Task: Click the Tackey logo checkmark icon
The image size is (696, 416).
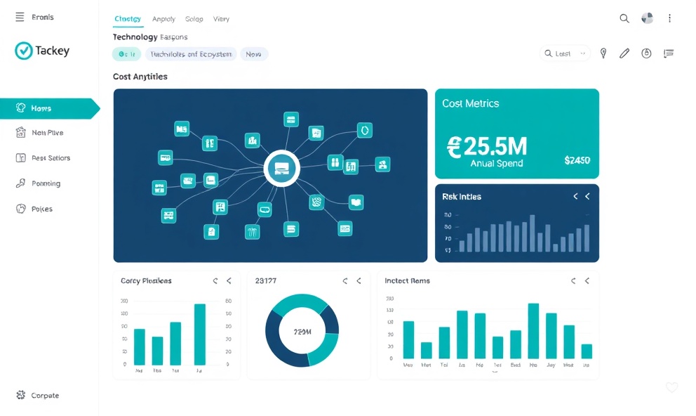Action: [x=24, y=51]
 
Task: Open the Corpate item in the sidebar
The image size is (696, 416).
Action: [x=45, y=396]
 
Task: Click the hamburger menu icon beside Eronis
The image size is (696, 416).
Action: [x=20, y=17]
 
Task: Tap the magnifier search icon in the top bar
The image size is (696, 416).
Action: [x=624, y=18]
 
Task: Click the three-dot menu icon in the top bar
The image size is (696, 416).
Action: [x=669, y=18]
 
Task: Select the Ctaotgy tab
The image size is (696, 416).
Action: [x=127, y=19]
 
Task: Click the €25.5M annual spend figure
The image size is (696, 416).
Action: [x=486, y=145]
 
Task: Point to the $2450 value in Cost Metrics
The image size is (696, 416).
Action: [x=577, y=160]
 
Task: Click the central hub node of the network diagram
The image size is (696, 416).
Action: [x=282, y=169]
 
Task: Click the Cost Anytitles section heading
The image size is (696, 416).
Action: [x=140, y=77]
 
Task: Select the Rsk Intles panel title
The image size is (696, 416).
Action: [x=462, y=197]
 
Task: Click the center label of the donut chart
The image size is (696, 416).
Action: [x=302, y=331]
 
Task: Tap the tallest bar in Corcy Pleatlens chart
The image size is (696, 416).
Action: [x=199, y=334]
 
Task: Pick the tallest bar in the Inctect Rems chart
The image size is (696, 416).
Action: [x=533, y=330]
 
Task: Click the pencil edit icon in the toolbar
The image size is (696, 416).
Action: [x=624, y=53]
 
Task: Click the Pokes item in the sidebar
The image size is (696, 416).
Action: [x=42, y=209]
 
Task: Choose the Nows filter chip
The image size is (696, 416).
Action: [x=254, y=53]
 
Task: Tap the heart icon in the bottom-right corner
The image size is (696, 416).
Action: [x=671, y=387]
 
